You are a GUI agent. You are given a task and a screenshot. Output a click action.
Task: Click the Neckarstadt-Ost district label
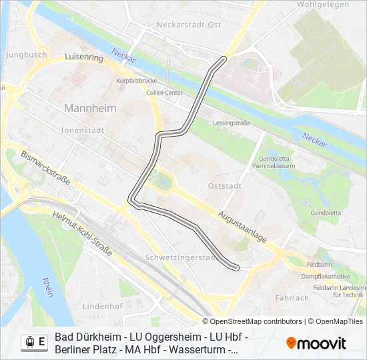click(188, 25)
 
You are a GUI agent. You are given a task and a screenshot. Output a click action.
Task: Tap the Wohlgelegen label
click(323, 5)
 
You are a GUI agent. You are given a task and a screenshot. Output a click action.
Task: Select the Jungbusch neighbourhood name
click(26, 55)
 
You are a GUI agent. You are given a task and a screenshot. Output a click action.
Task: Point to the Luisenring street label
click(84, 58)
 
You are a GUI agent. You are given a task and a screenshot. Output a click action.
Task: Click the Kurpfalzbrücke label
click(136, 81)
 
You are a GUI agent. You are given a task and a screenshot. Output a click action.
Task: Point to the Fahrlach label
click(292, 298)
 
